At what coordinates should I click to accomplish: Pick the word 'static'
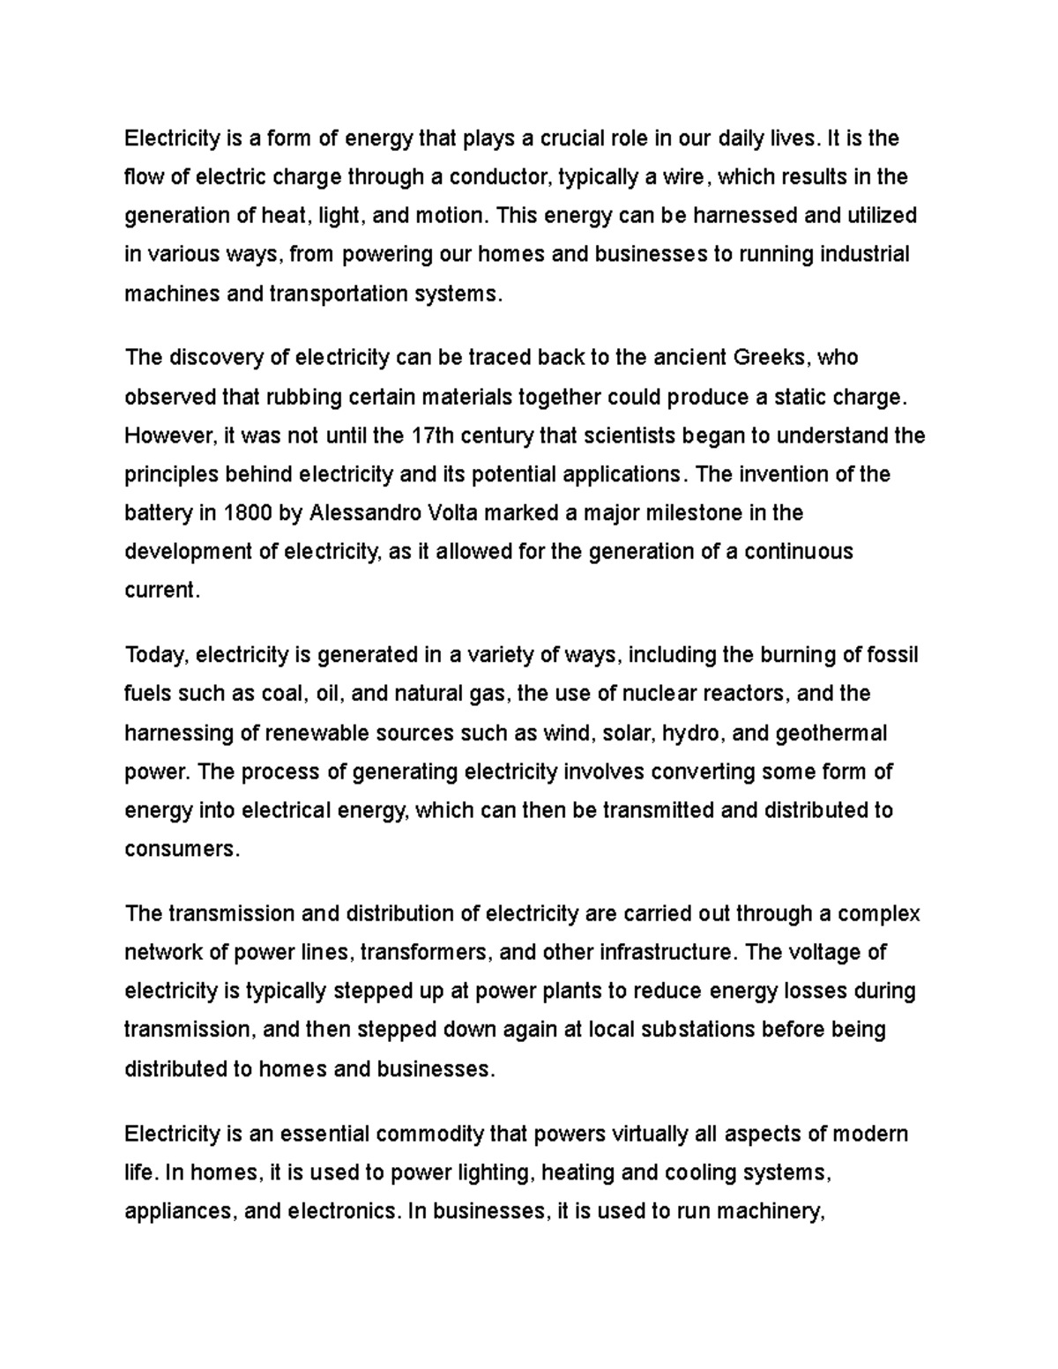(804, 397)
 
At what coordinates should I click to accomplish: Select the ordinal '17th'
(431, 435)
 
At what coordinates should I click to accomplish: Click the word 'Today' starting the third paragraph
(155, 655)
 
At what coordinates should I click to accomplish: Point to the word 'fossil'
(893, 655)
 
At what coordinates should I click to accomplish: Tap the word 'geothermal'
(831, 733)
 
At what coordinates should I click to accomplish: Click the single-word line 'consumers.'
(182, 849)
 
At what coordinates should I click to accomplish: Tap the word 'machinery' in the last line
(771, 1211)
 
